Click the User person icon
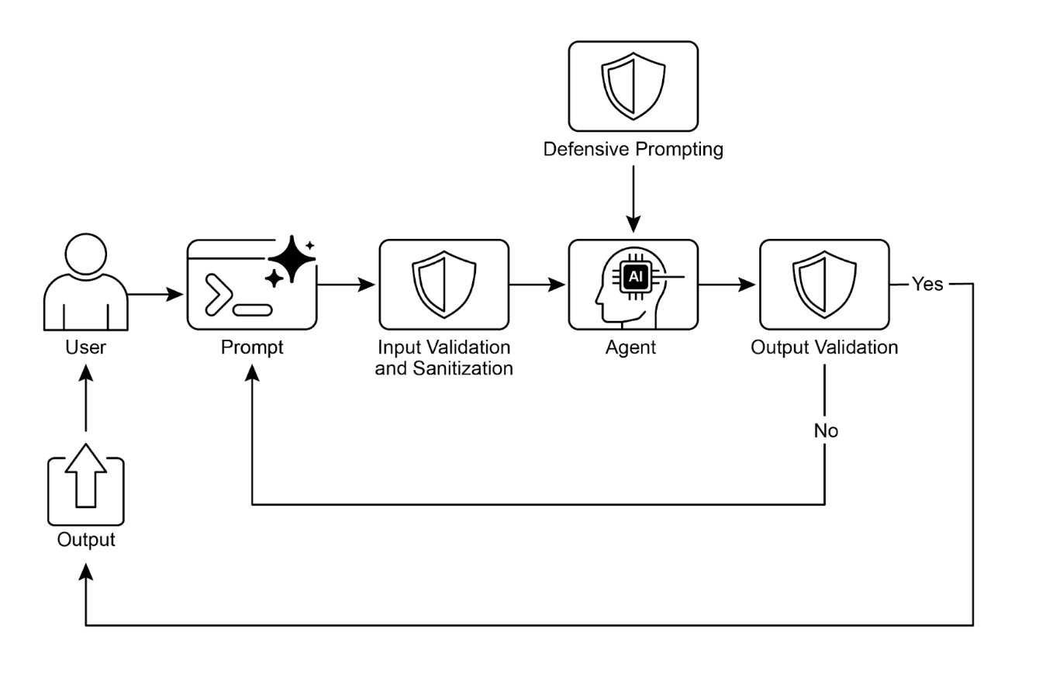coord(85,282)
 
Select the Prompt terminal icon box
coord(251,285)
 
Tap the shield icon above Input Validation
coord(444,284)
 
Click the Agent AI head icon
coord(633,284)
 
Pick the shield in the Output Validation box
coord(823,284)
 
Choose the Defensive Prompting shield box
coord(633,86)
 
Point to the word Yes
coord(927,284)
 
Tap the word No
coord(825,430)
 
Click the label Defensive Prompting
coord(633,150)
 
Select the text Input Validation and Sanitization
coord(444,358)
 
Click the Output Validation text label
coord(824,347)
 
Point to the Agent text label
coord(630,347)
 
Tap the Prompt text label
coord(252,347)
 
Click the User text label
coord(85,347)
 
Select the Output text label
coord(85,539)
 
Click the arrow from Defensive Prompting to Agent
coord(633,197)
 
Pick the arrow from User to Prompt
coord(155,295)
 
